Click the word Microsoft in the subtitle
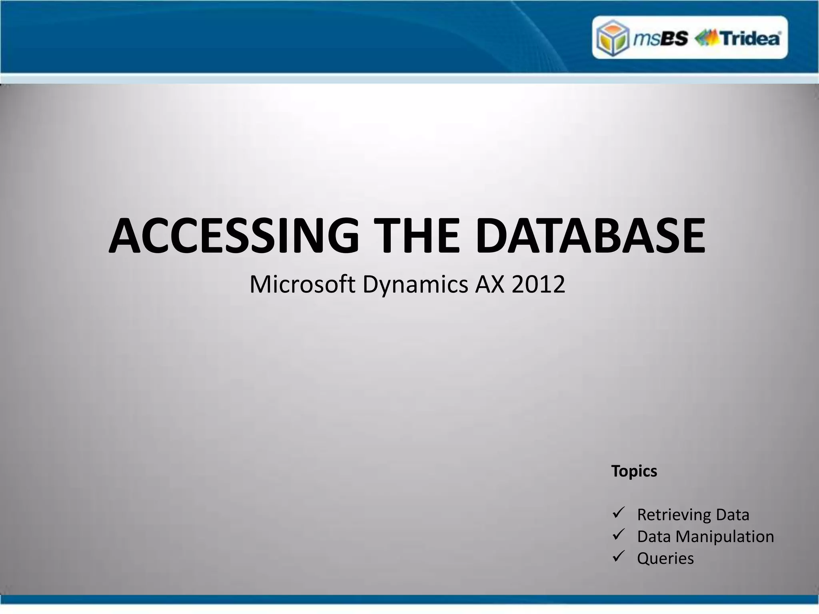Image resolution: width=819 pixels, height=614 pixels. click(302, 284)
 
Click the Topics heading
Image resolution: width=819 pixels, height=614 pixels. click(634, 471)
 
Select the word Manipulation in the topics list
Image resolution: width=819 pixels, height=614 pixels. click(725, 536)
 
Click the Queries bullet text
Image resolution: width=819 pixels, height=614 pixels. click(665, 558)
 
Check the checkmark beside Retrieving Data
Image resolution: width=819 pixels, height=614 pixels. click(618, 512)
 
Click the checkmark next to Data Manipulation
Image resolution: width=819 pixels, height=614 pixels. click(618, 534)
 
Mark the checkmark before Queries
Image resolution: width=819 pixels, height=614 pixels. click(618, 556)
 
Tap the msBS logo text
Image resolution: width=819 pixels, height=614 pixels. click(660, 39)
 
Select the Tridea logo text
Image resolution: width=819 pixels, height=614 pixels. click(750, 39)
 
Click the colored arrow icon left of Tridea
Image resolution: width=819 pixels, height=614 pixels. click(707, 38)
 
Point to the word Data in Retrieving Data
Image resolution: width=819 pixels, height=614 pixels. click(733, 515)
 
